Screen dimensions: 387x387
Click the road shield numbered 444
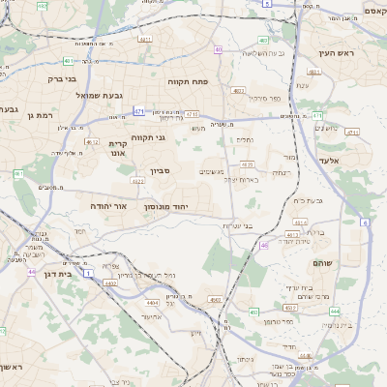pos(334,312)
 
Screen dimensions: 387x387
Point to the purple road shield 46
pos(264,246)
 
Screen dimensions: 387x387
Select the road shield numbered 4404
pos(152,303)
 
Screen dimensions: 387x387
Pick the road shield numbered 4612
pos(93,142)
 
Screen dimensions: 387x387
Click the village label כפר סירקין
pos(261,99)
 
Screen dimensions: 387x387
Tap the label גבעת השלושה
pos(266,52)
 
